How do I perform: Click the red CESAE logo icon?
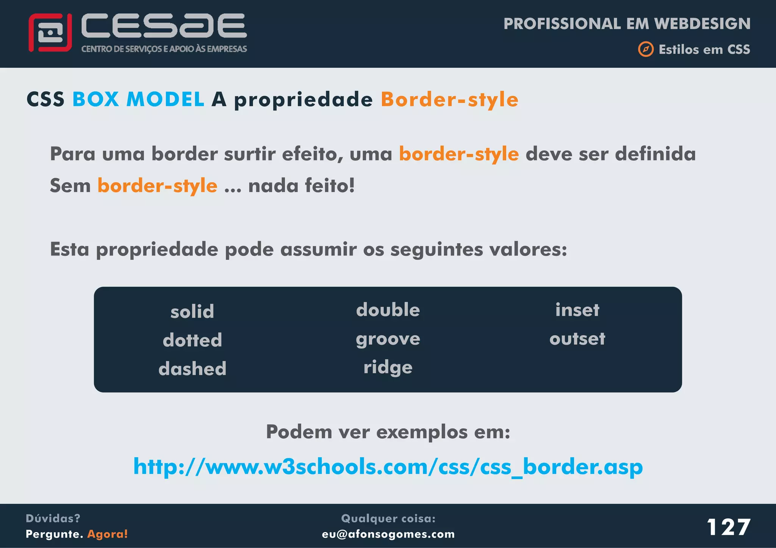coord(50,33)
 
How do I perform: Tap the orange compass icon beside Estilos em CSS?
coord(646,49)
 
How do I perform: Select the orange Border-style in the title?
coord(449,100)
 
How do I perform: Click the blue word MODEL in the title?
coord(165,100)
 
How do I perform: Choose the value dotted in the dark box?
coord(192,340)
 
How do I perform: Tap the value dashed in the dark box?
coord(192,369)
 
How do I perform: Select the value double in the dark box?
coord(388,310)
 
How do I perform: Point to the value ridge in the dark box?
coord(388,367)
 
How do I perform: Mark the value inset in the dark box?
coord(577,310)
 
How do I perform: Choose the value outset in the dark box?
coord(577,339)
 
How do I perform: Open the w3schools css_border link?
coord(388,467)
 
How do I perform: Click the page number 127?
coord(728,527)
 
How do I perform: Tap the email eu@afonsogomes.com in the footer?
coord(388,534)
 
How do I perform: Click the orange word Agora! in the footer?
coord(108,534)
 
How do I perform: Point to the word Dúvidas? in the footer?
coord(53,518)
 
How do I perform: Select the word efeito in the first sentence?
coord(312,154)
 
